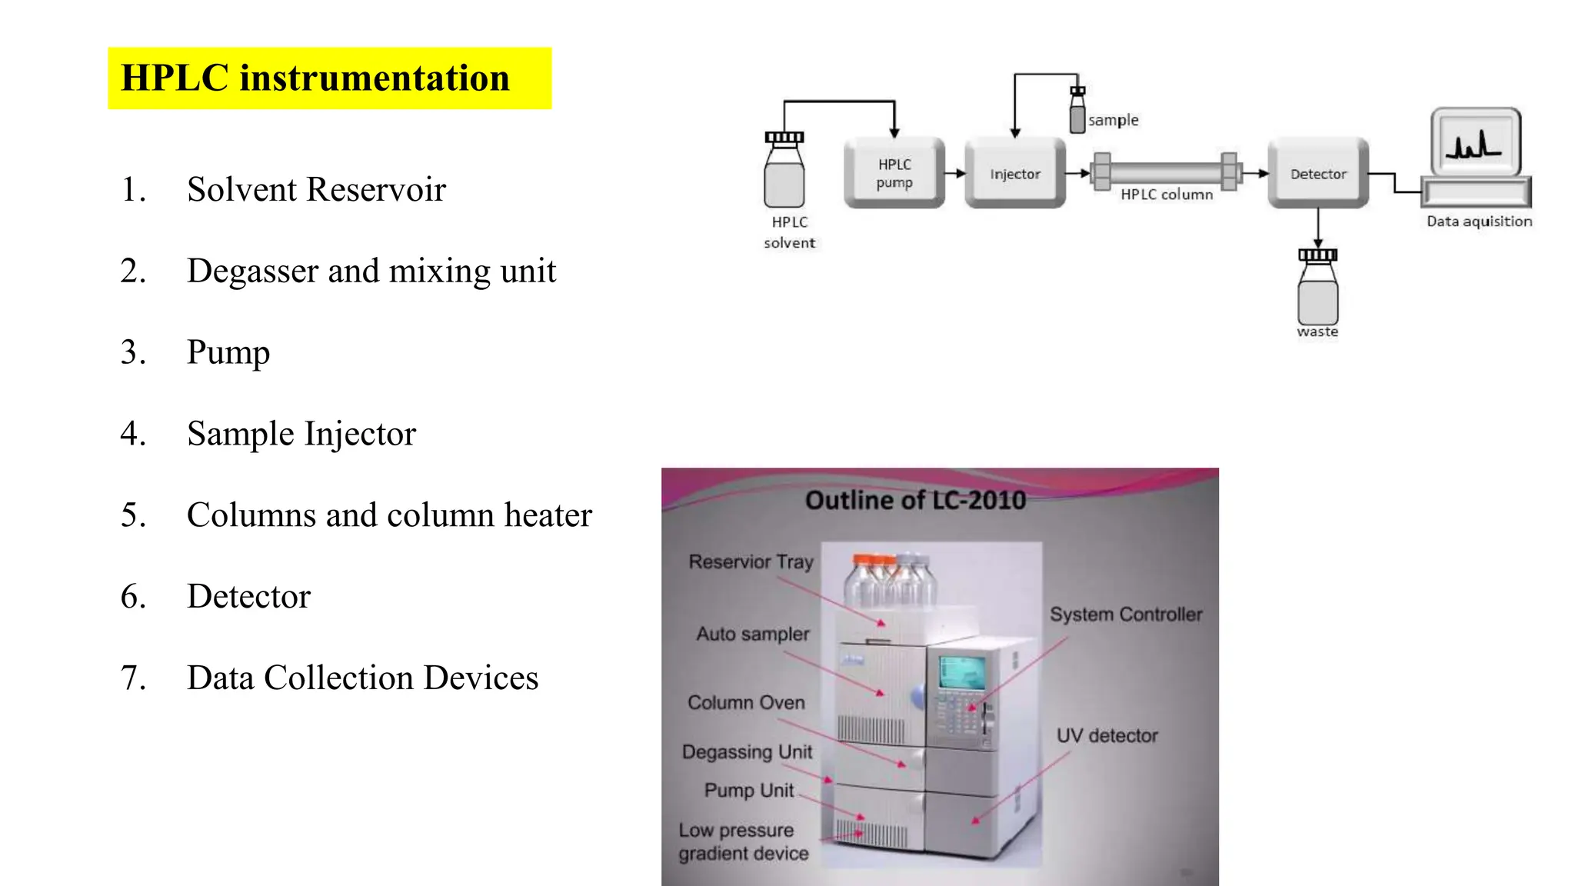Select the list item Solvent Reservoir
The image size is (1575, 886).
pos(316,190)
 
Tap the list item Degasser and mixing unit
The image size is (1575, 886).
pos(371,271)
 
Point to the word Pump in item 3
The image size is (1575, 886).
pos(228,353)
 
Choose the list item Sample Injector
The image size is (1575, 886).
pos(301,435)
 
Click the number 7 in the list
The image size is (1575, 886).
pos(132,678)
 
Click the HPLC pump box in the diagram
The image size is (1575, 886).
pos(894,174)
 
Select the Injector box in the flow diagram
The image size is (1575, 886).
pos(1014,174)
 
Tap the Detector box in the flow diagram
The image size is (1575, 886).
pos(1318,174)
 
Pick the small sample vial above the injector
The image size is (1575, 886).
pos(1077,112)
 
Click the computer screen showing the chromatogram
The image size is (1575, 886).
pos(1475,142)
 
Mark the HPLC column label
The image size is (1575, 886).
pos(1166,195)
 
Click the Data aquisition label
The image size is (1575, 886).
pos(1479,221)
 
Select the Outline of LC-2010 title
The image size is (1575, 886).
pos(915,501)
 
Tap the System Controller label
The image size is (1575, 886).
pos(1126,615)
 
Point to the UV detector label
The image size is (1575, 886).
pos(1107,736)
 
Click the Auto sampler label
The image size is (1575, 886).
pos(753,635)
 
